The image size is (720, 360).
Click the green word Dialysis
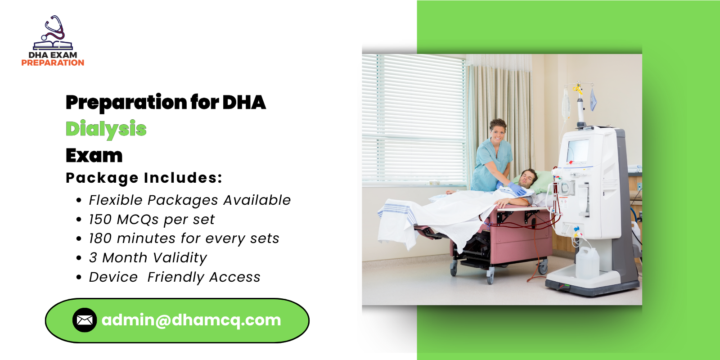tap(106, 129)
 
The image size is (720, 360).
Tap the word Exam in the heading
tap(94, 156)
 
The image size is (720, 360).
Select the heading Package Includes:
tap(144, 178)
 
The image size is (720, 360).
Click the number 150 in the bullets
tap(100, 220)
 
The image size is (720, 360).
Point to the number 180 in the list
tap(100, 238)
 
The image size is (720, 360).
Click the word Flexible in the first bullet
tap(115, 200)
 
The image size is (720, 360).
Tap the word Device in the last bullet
tap(113, 277)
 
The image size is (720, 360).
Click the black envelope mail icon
tap(85, 320)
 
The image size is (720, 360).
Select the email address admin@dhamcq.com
tap(191, 320)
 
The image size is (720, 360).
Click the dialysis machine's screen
tap(578, 151)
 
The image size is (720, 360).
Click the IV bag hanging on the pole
tap(566, 104)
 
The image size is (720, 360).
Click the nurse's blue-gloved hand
tap(516, 189)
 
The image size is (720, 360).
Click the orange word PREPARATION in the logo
tap(53, 63)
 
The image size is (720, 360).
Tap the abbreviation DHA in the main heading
tap(244, 103)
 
